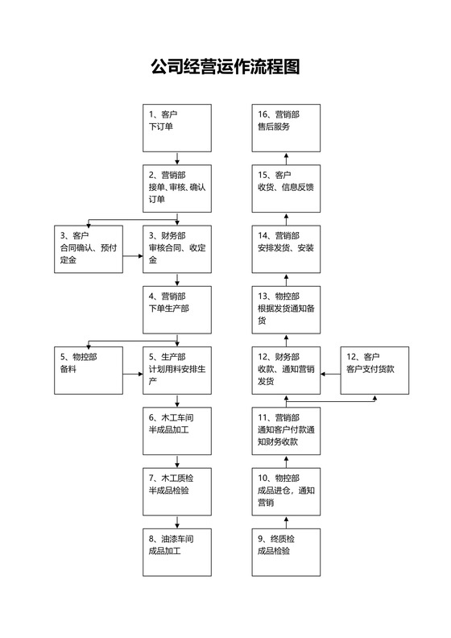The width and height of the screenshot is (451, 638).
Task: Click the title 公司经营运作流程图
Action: click(225, 67)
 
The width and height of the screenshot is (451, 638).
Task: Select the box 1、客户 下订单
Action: click(176, 127)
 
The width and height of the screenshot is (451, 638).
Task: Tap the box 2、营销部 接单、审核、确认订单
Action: click(176, 188)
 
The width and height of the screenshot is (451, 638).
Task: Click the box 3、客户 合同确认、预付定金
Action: click(88, 248)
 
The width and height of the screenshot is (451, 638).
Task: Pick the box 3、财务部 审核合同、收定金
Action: click(176, 248)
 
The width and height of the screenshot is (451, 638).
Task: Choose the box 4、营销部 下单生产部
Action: click(176, 309)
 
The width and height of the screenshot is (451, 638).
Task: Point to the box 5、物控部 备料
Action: click(88, 370)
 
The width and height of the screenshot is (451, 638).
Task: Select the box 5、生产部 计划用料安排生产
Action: click(176, 370)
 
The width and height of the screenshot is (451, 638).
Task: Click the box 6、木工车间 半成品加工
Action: click(176, 430)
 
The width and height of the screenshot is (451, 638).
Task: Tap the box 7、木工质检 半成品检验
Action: click(176, 491)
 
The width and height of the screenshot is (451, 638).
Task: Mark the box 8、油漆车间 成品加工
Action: click(176, 551)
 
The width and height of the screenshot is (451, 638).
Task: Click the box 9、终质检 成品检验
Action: click(287, 551)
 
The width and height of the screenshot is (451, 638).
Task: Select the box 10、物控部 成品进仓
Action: click(287, 491)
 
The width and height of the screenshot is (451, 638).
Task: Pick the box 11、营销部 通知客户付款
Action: click(287, 430)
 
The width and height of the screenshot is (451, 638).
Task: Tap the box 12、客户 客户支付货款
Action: click(374, 370)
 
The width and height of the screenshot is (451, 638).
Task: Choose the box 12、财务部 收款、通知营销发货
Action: click(287, 370)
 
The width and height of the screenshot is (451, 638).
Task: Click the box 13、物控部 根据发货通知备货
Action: click(287, 309)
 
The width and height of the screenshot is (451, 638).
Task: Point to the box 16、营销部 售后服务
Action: click(287, 127)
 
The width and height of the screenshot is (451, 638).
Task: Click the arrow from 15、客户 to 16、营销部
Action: click(287, 158)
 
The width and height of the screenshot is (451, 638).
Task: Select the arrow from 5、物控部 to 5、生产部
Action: click(132, 373)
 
